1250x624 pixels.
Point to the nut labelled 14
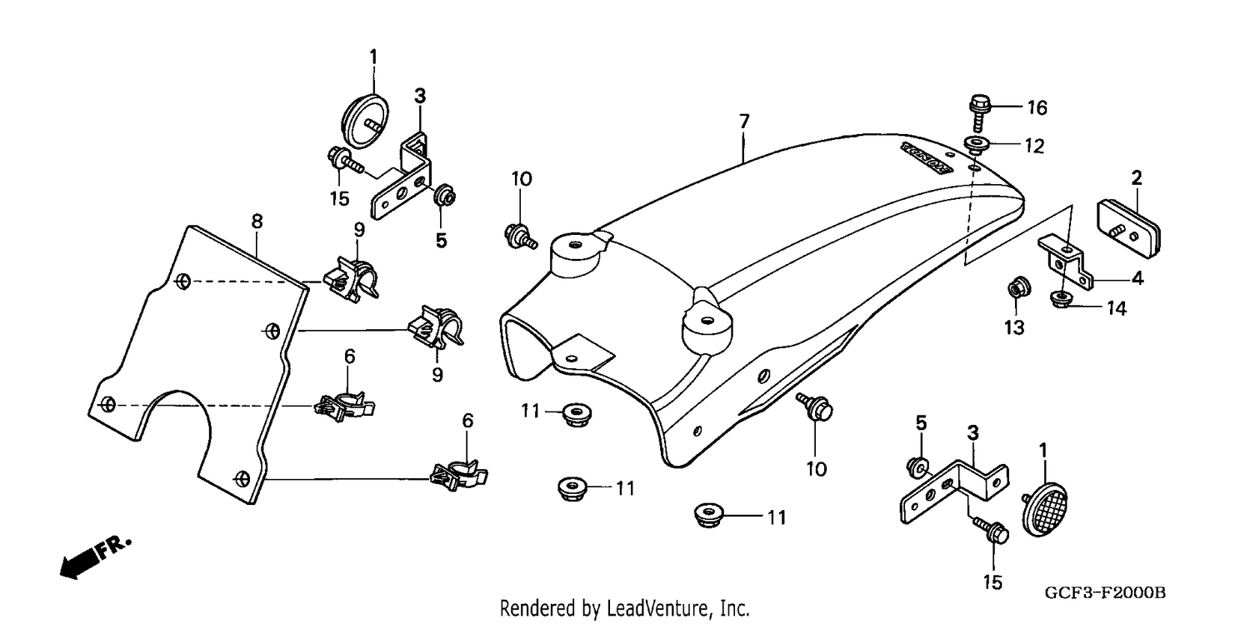1058,299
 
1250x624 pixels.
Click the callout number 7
744,121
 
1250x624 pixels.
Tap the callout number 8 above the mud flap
257,222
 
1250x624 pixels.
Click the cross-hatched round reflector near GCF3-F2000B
1043,509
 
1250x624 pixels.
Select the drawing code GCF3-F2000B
1104,593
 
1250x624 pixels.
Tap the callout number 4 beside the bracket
1137,277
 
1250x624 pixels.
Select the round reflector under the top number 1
365,122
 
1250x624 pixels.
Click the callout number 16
1037,107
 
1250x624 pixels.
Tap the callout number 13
1014,327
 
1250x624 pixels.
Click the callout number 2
1136,178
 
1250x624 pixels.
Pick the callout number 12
1034,146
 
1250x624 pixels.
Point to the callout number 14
1116,307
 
